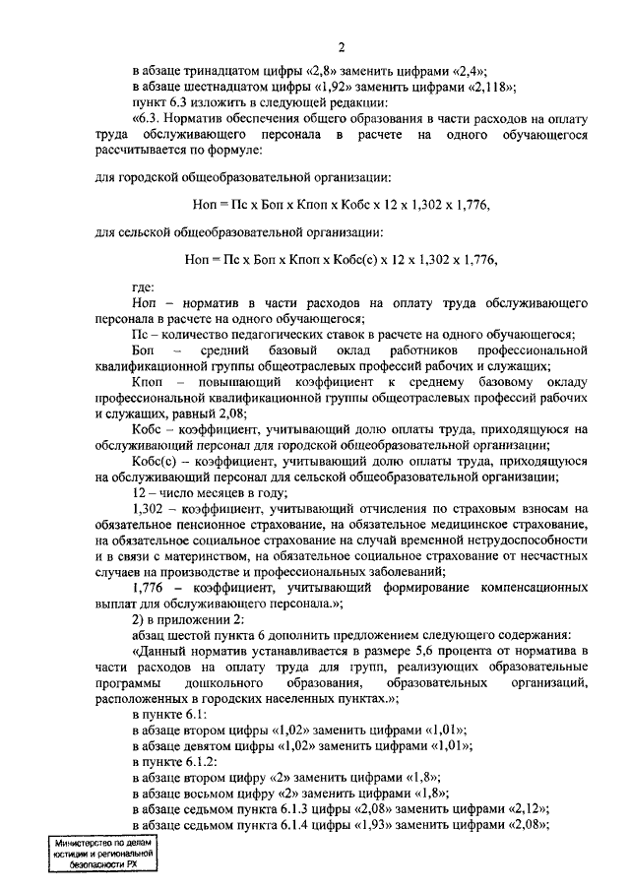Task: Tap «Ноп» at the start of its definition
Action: click(x=144, y=304)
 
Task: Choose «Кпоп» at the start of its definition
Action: click(x=148, y=382)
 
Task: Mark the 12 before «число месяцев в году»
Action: click(x=139, y=492)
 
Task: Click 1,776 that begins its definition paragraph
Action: click(x=148, y=587)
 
